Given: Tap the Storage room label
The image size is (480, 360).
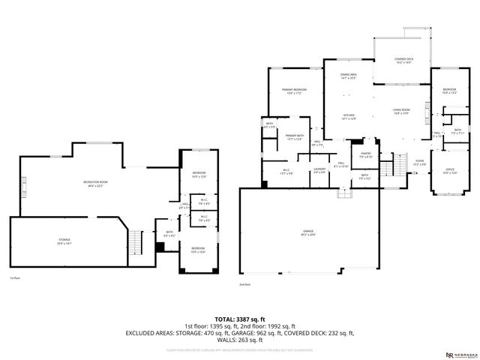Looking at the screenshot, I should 65,241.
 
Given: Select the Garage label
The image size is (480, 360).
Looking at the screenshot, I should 307,233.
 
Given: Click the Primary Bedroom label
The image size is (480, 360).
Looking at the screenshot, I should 294,91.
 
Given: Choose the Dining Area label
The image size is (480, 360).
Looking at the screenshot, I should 349,76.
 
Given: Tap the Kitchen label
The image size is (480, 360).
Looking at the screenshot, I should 349,116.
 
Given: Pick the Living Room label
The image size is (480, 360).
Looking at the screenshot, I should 401,112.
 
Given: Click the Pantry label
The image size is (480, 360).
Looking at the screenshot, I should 365,156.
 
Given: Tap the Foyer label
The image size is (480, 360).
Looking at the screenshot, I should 420,162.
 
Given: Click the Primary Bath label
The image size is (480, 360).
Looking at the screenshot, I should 293,137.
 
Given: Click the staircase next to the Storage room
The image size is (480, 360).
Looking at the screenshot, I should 136,242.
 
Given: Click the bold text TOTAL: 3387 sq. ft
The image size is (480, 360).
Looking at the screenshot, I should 239,319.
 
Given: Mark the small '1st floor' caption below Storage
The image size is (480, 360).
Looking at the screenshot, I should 14,277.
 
